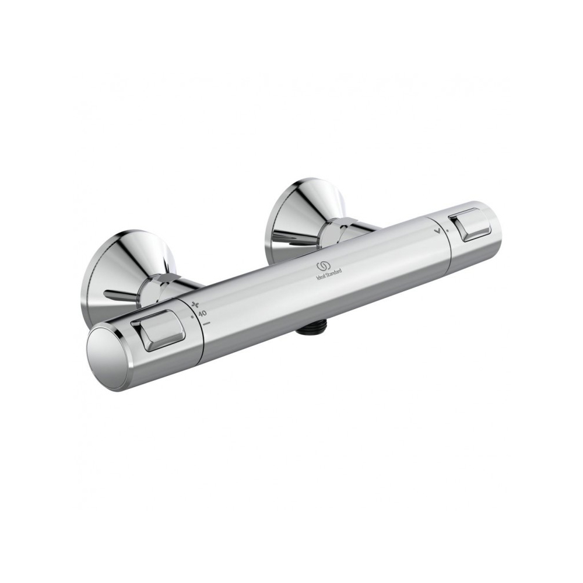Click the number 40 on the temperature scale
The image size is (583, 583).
click(x=203, y=313)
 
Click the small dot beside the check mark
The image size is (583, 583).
click(x=447, y=230)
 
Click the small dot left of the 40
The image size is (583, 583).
click(x=192, y=317)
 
